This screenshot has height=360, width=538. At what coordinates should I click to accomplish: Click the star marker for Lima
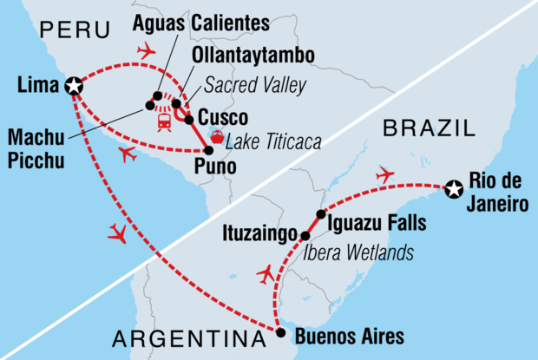[x=74, y=85]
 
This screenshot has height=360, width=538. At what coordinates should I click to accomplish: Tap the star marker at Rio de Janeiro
[x=454, y=188]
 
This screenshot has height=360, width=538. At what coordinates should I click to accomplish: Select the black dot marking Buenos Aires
[x=279, y=331]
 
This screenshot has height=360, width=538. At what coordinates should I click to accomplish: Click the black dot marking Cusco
[x=189, y=119]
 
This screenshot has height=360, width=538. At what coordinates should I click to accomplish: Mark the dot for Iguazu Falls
[x=321, y=214]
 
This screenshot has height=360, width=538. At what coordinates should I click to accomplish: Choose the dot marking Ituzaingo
[x=305, y=235]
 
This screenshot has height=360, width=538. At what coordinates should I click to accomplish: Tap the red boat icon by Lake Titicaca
[x=217, y=134]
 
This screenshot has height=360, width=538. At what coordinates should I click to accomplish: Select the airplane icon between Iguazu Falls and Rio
[x=384, y=176]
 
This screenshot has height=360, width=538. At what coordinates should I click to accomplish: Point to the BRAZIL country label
[x=429, y=129]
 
